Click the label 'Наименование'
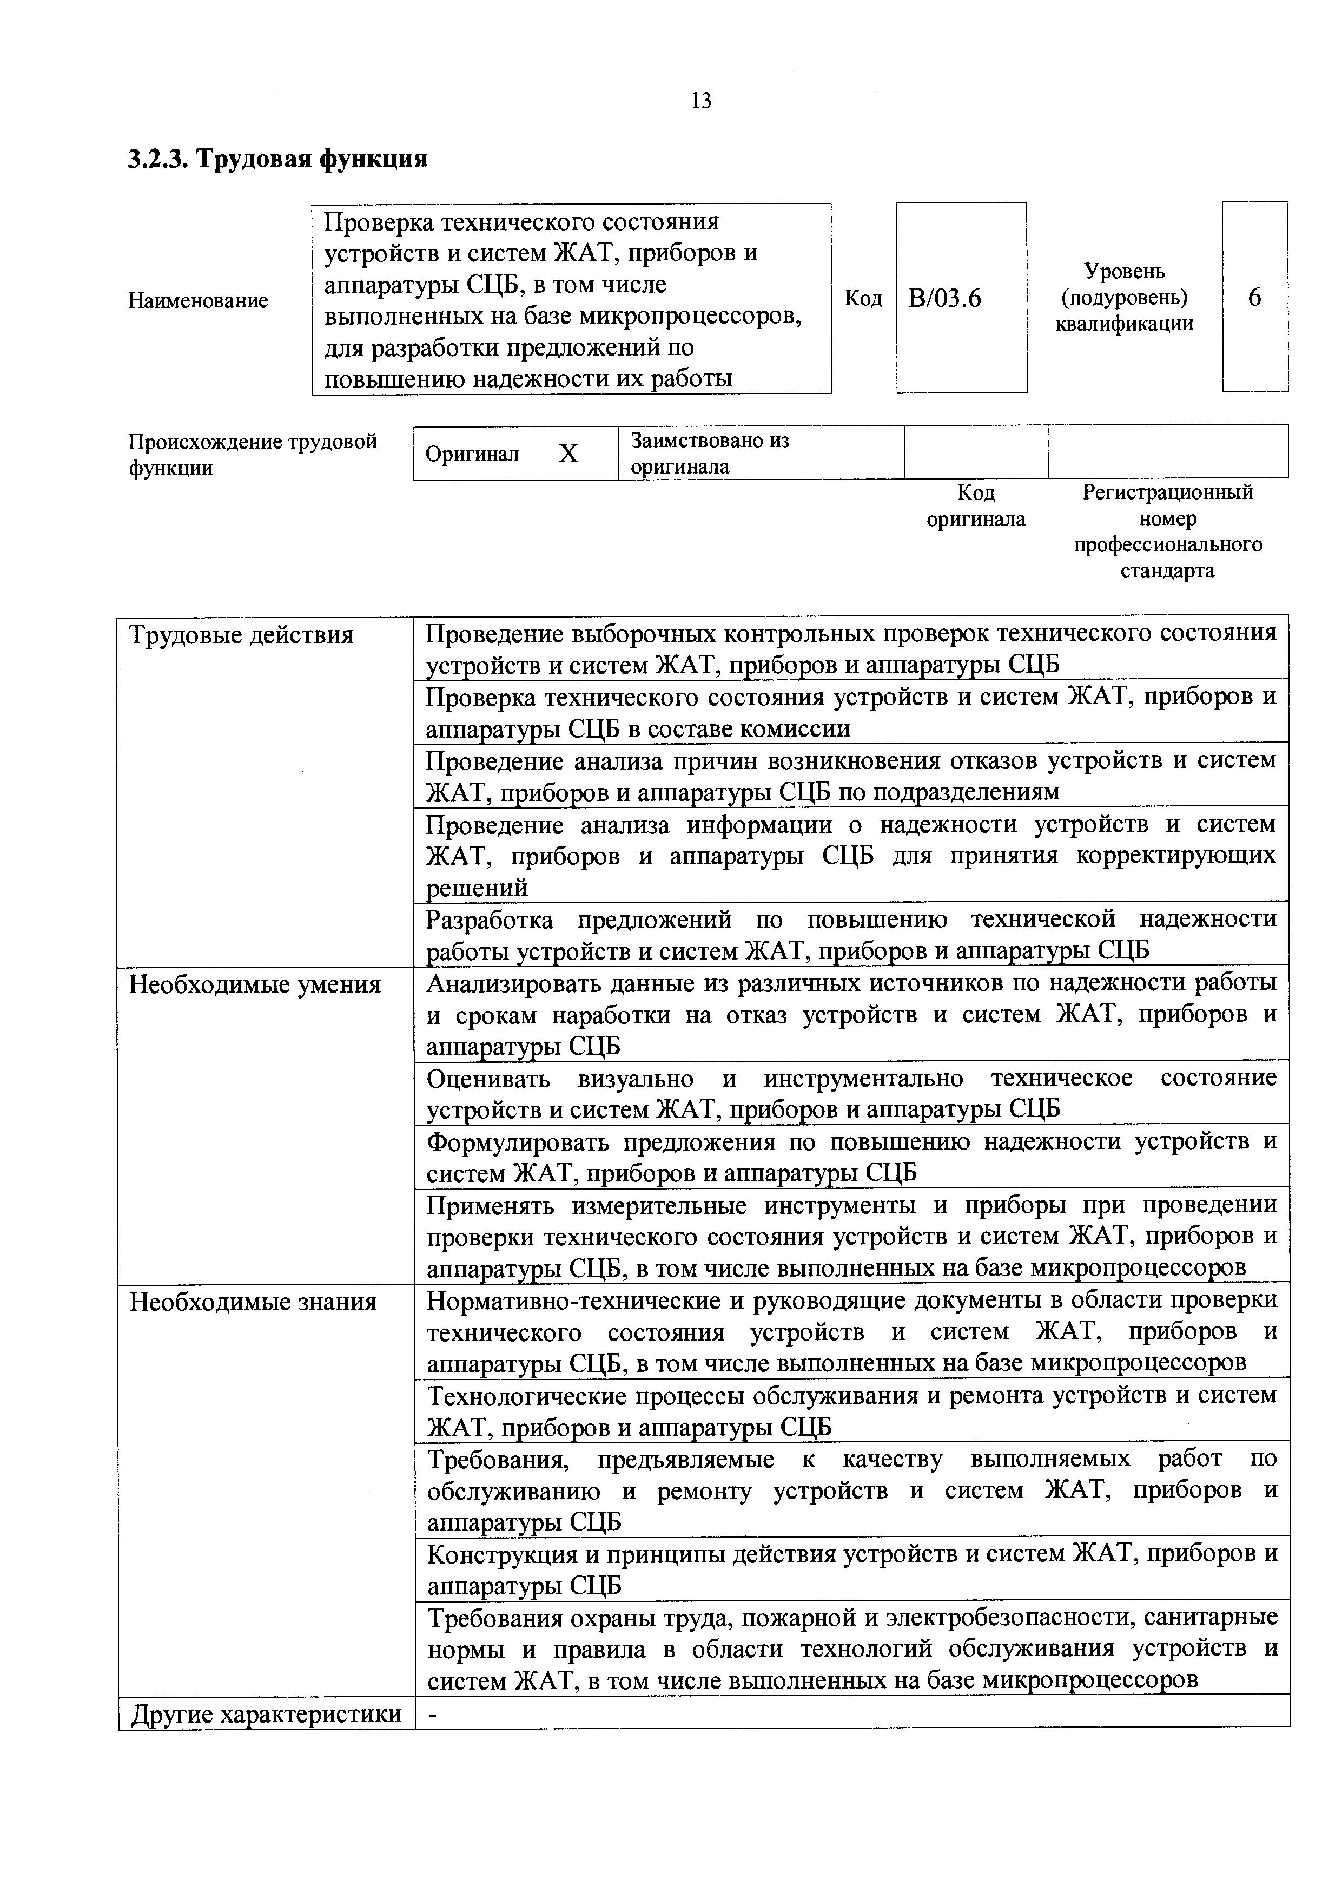coord(199,301)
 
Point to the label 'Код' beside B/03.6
coord(863,298)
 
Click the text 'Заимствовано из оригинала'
coord(709,453)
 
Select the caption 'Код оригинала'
coord(975,506)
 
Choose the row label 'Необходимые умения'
coord(255,986)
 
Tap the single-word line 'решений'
coord(476,889)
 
